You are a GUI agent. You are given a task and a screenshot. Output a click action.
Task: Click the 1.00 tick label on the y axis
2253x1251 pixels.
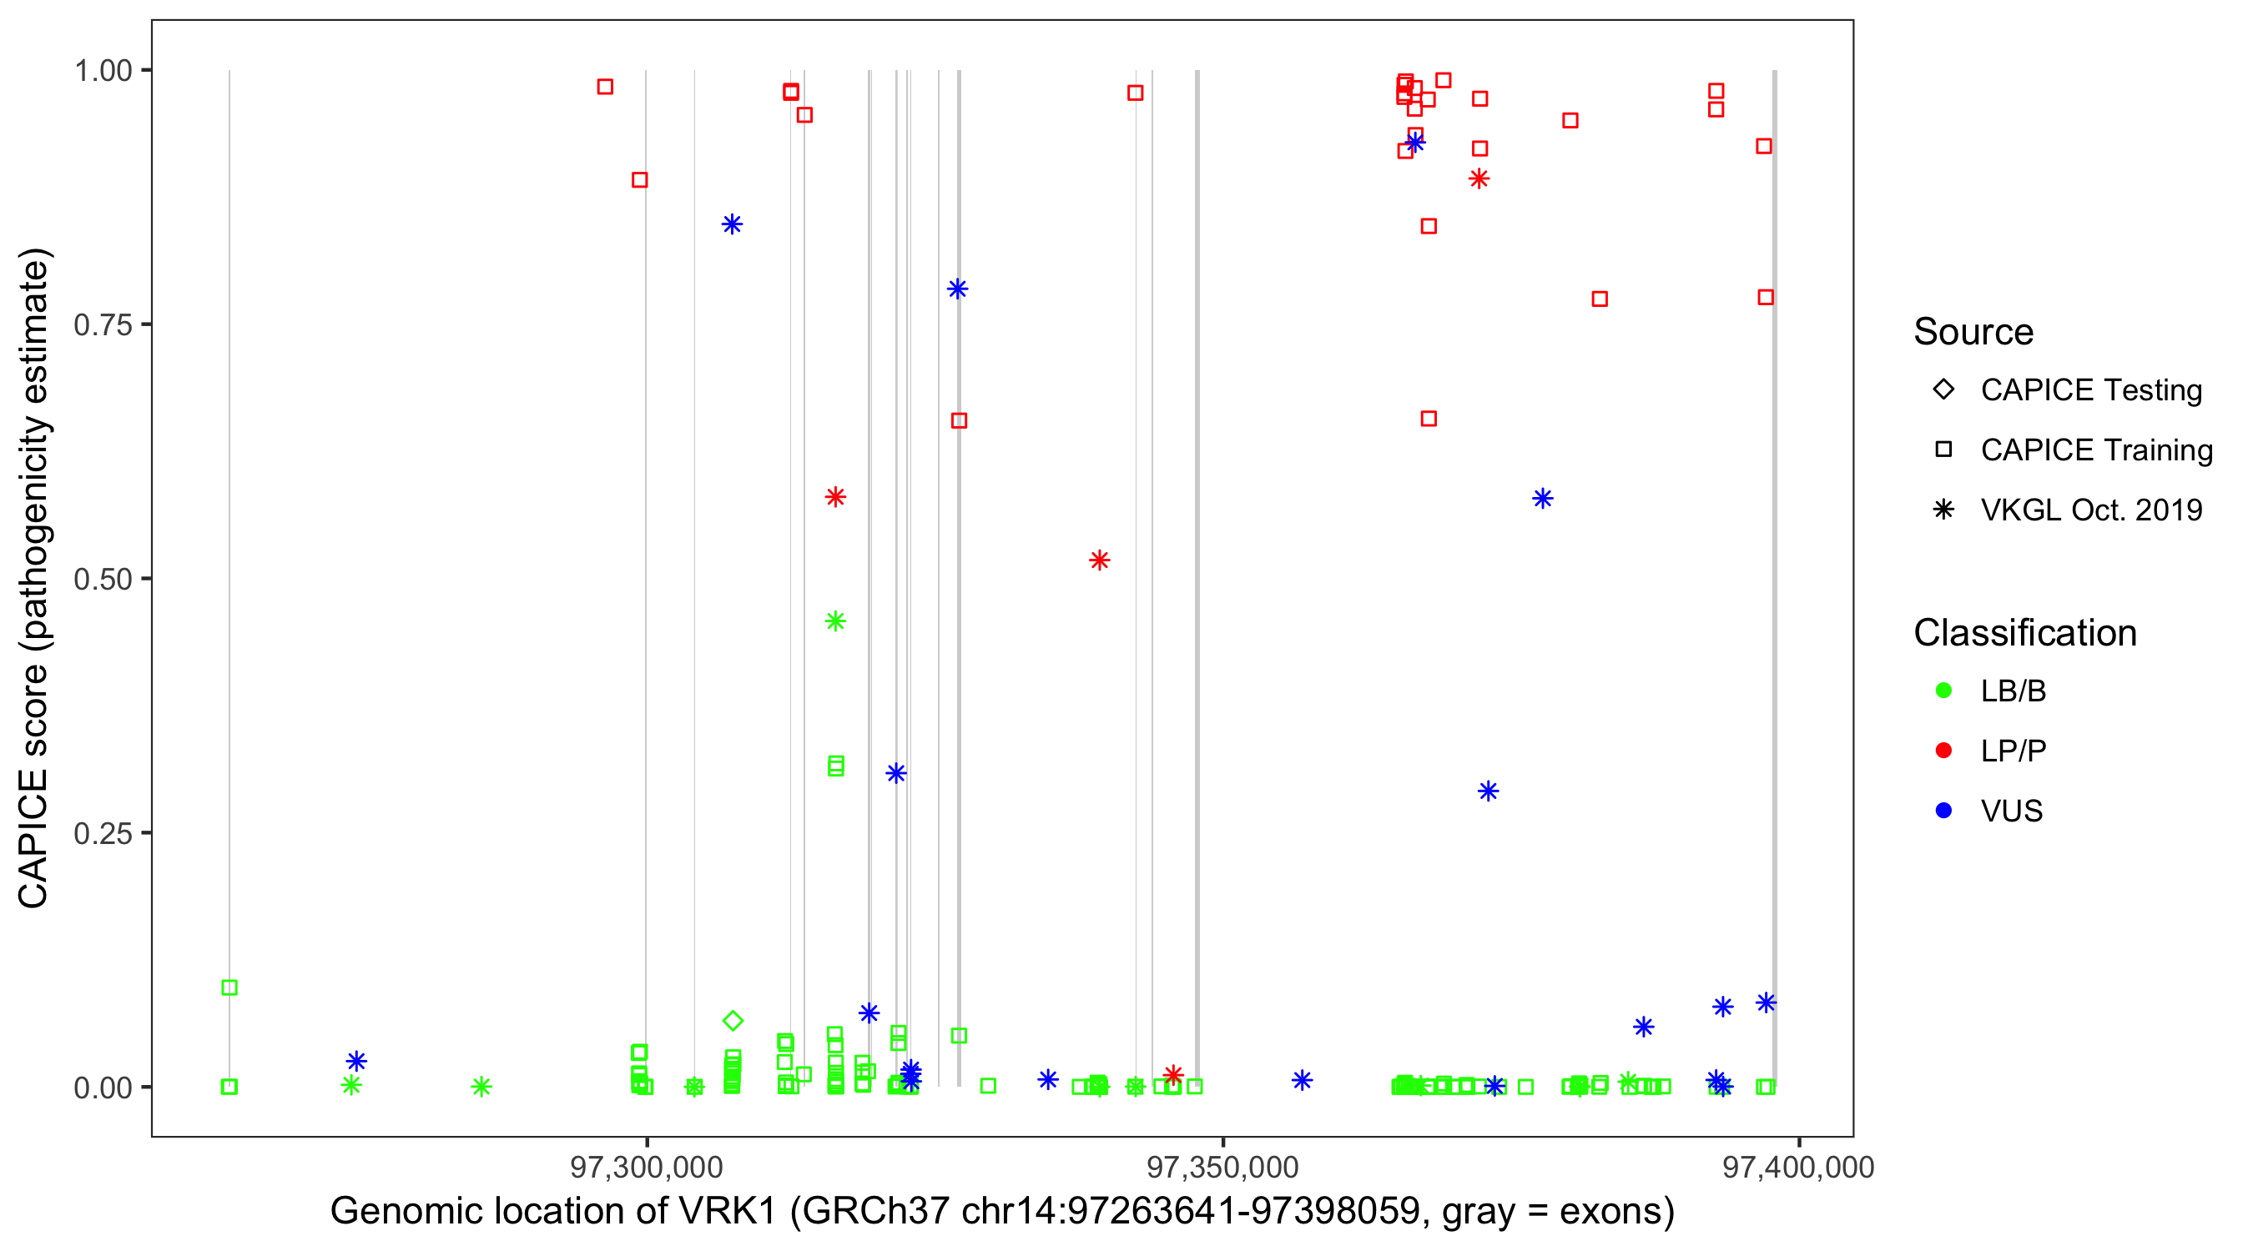(x=103, y=71)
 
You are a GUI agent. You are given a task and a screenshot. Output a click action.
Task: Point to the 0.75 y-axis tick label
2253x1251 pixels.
(x=103, y=325)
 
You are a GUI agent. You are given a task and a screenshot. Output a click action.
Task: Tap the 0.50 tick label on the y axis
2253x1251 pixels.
(x=103, y=580)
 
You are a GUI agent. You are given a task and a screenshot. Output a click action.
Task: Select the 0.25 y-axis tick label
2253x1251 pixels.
(x=103, y=833)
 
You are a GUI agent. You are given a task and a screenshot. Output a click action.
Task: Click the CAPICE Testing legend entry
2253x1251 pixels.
(x=2090, y=390)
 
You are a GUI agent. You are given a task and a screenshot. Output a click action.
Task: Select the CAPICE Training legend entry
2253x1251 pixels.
(x=2095, y=450)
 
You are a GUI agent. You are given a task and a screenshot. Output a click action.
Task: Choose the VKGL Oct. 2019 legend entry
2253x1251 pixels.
(x=2090, y=510)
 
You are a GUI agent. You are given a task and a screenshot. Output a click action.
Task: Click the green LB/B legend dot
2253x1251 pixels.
(x=1943, y=691)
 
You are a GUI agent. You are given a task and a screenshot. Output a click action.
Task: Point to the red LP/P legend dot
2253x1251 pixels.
(x=1943, y=751)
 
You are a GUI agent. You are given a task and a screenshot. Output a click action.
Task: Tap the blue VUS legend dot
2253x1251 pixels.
(x=1943, y=811)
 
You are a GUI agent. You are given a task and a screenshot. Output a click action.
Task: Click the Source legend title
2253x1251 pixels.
(x=1973, y=332)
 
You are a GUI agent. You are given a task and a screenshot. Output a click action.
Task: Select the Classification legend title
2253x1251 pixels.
(x=2024, y=633)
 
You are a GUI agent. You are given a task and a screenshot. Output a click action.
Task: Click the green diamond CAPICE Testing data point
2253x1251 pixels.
(x=733, y=1020)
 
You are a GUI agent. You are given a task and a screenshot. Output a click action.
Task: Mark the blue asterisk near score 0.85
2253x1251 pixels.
(x=732, y=224)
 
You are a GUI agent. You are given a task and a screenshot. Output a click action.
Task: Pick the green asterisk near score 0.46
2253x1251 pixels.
(x=835, y=621)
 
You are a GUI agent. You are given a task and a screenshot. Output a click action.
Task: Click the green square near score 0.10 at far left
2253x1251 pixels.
(x=229, y=987)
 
